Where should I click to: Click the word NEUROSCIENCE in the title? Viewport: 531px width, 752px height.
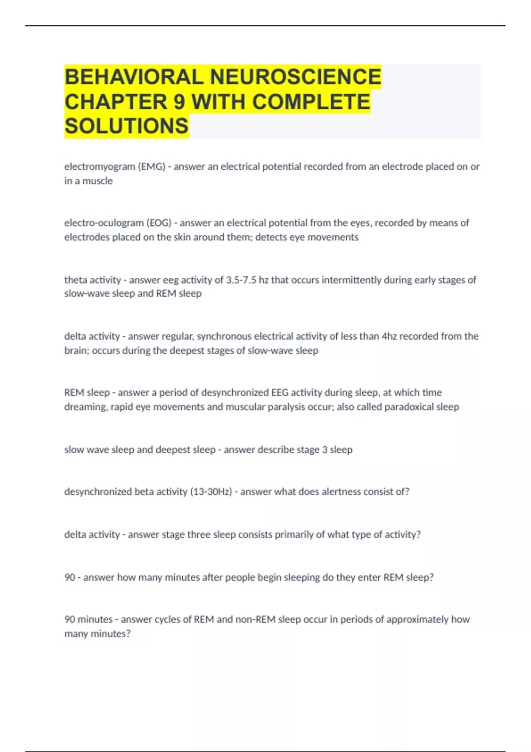click(x=295, y=77)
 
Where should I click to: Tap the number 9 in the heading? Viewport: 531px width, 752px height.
click(x=179, y=102)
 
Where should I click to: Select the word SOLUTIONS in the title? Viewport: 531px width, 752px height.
click(x=127, y=126)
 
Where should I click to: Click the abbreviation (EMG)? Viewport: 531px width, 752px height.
click(x=151, y=167)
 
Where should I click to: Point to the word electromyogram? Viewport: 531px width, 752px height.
click(x=100, y=167)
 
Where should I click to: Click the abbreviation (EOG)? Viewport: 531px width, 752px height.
click(x=159, y=223)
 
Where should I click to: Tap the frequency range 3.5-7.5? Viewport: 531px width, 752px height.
click(x=241, y=280)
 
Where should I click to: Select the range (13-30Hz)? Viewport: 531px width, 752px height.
click(x=211, y=492)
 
